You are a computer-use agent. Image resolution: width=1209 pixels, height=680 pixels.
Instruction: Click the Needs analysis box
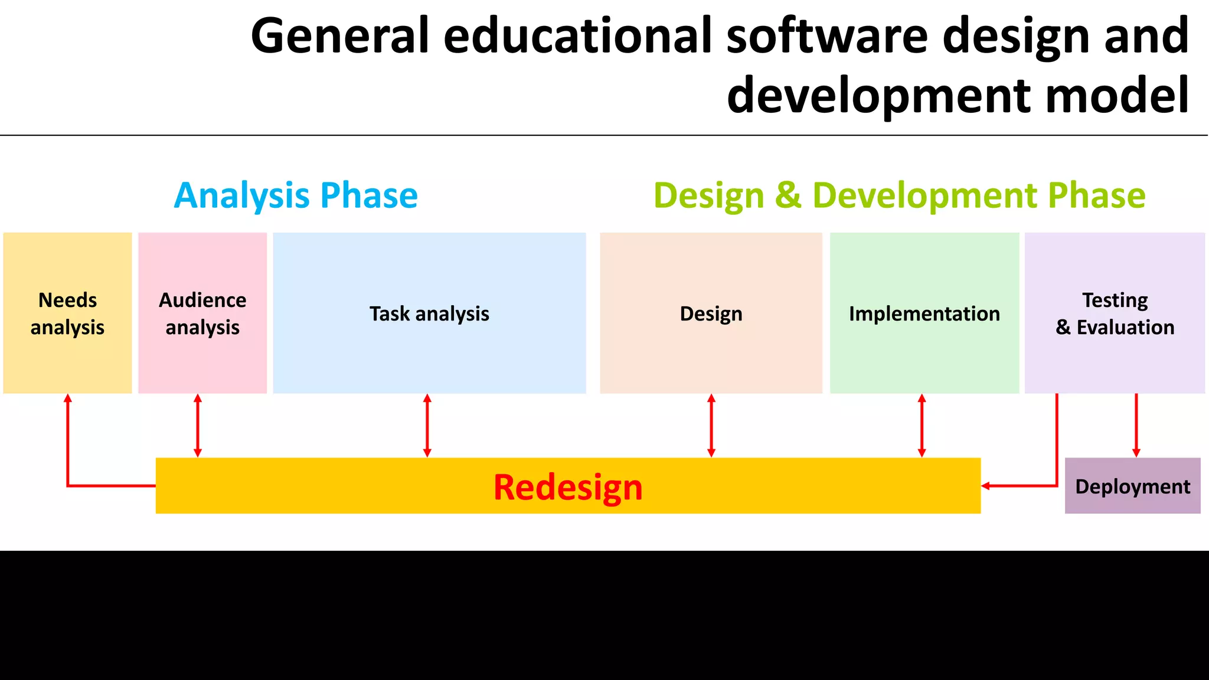pyautogui.click(x=67, y=313)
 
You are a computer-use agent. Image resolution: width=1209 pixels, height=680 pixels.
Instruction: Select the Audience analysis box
pyautogui.click(x=202, y=313)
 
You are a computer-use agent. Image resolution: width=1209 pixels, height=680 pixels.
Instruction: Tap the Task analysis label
pyautogui.click(x=429, y=314)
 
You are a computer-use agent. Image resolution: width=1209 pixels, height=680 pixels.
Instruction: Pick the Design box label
pyautogui.click(x=711, y=314)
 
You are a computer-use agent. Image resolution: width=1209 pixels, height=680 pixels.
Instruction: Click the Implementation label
pyautogui.click(x=924, y=314)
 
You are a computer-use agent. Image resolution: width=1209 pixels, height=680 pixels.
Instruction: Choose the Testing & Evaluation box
pyautogui.click(x=1115, y=313)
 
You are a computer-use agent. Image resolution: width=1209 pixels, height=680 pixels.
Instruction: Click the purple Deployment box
pyautogui.click(x=1132, y=486)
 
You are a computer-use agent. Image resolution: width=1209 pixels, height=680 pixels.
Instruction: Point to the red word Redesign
pyautogui.click(x=568, y=487)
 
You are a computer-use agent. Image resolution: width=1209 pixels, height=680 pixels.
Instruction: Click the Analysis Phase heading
pyautogui.click(x=296, y=195)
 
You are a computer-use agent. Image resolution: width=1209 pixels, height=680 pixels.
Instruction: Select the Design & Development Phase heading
pyautogui.click(x=899, y=195)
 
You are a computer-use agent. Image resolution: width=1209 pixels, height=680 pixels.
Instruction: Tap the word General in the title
pyautogui.click(x=339, y=37)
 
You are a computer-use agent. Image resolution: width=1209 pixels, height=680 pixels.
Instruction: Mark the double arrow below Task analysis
pyautogui.click(x=427, y=426)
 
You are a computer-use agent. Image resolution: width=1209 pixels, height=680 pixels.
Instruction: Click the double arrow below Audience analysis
pyautogui.click(x=198, y=426)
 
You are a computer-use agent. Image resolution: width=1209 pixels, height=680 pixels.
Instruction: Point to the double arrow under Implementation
pyautogui.click(x=922, y=426)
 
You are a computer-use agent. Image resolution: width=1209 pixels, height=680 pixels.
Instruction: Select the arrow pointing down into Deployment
pyautogui.click(x=1136, y=426)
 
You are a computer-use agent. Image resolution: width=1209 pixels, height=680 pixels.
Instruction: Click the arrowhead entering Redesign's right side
pyautogui.click(x=986, y=486)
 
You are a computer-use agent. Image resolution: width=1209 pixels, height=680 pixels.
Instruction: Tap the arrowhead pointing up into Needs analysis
pyautogui.click(x=68, y=398)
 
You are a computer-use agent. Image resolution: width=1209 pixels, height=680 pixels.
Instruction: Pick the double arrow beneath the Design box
pyautogui.click(x=711, y=426)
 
